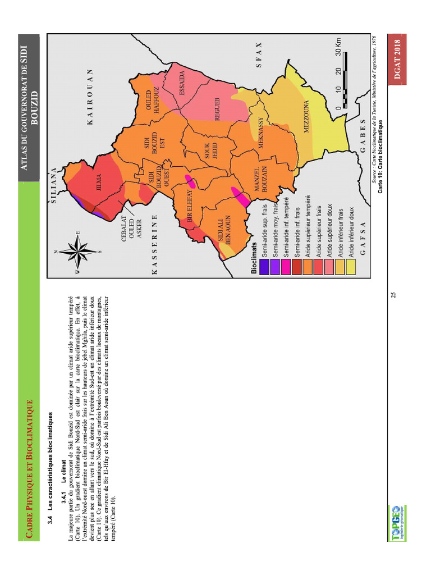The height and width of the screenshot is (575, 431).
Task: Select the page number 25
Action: (x=393, y=295)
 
